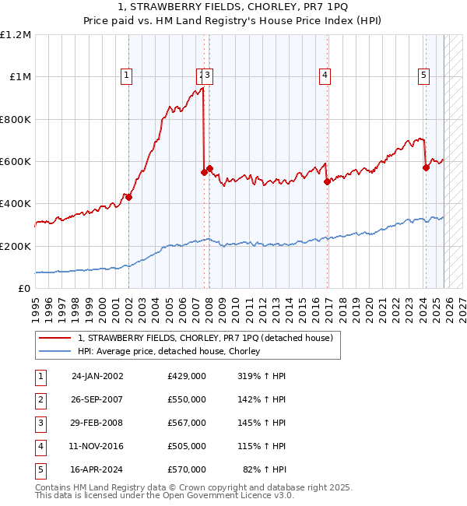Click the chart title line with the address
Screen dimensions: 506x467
(x=233, y=8)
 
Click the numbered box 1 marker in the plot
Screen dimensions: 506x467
(x=126, y=76)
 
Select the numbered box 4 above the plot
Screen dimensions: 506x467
(x=324, y=76)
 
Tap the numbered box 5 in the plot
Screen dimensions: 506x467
(x=423, y=76)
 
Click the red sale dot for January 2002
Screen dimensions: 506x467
(x=129, y=198)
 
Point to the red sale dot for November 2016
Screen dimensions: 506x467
(x=327, y=181)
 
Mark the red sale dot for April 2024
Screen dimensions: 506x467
(x=426, y=167)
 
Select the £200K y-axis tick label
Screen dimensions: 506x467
(x=16, y=246)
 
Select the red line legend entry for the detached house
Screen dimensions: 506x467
(x=205, y=338)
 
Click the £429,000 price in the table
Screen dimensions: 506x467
(x=187, y=375)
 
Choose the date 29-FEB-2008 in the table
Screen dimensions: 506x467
(x=97, y=423)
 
